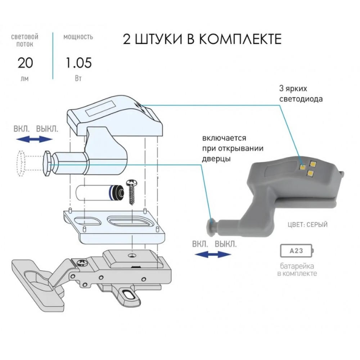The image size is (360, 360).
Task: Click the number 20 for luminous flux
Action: (25, 63)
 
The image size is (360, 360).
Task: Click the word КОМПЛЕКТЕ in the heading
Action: (240, 39)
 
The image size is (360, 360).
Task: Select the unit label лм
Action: (24, 79)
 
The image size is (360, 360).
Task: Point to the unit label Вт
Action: (78, 78)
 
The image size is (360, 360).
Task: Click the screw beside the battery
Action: (131, 192)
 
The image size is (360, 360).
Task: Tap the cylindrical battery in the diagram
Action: (100, 192)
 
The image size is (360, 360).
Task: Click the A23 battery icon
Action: (297, 251)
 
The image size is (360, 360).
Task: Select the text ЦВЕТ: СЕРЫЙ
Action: (308, 225)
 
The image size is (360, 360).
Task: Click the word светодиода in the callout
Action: (301, 99)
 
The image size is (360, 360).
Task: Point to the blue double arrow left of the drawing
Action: (35, 139)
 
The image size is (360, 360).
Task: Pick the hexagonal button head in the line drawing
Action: (48, 164)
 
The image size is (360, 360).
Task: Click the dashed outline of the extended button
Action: (21, 163)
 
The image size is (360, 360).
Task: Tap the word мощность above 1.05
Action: (78, 37)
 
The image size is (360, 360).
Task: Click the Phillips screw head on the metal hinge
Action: (82, 262)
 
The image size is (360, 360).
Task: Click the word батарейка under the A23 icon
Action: (297, 266)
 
